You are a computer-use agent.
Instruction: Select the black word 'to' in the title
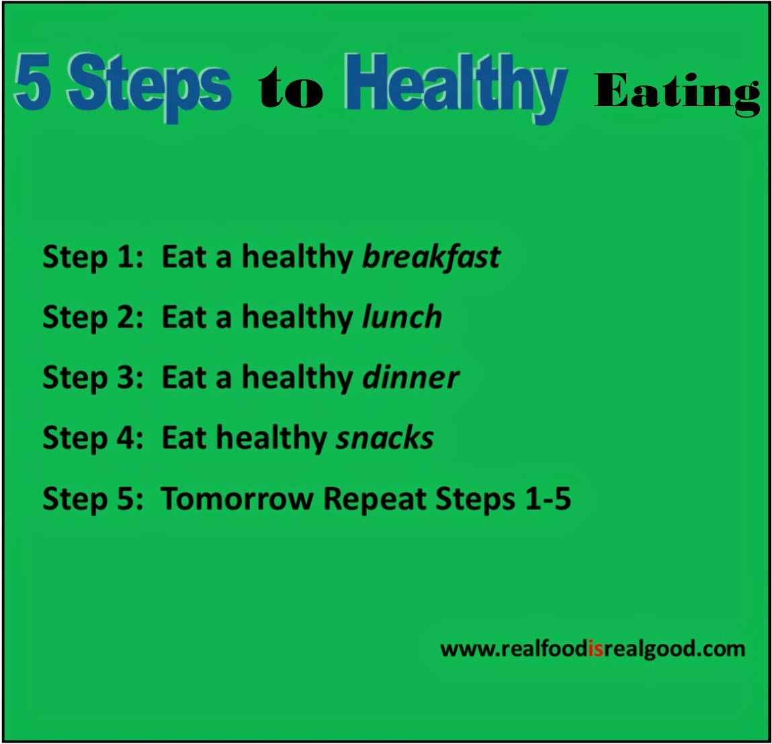[290, 88]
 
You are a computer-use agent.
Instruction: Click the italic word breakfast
[431, 257]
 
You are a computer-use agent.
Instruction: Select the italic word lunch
[402, 317]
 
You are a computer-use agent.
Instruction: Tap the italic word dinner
[411, 378]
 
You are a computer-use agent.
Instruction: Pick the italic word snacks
[385, 438]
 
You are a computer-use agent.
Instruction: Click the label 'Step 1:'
[93, 257]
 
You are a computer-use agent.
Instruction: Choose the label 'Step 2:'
[93, 317]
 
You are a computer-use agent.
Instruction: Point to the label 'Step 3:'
[93, 378]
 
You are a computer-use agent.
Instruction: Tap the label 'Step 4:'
[93, 438]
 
